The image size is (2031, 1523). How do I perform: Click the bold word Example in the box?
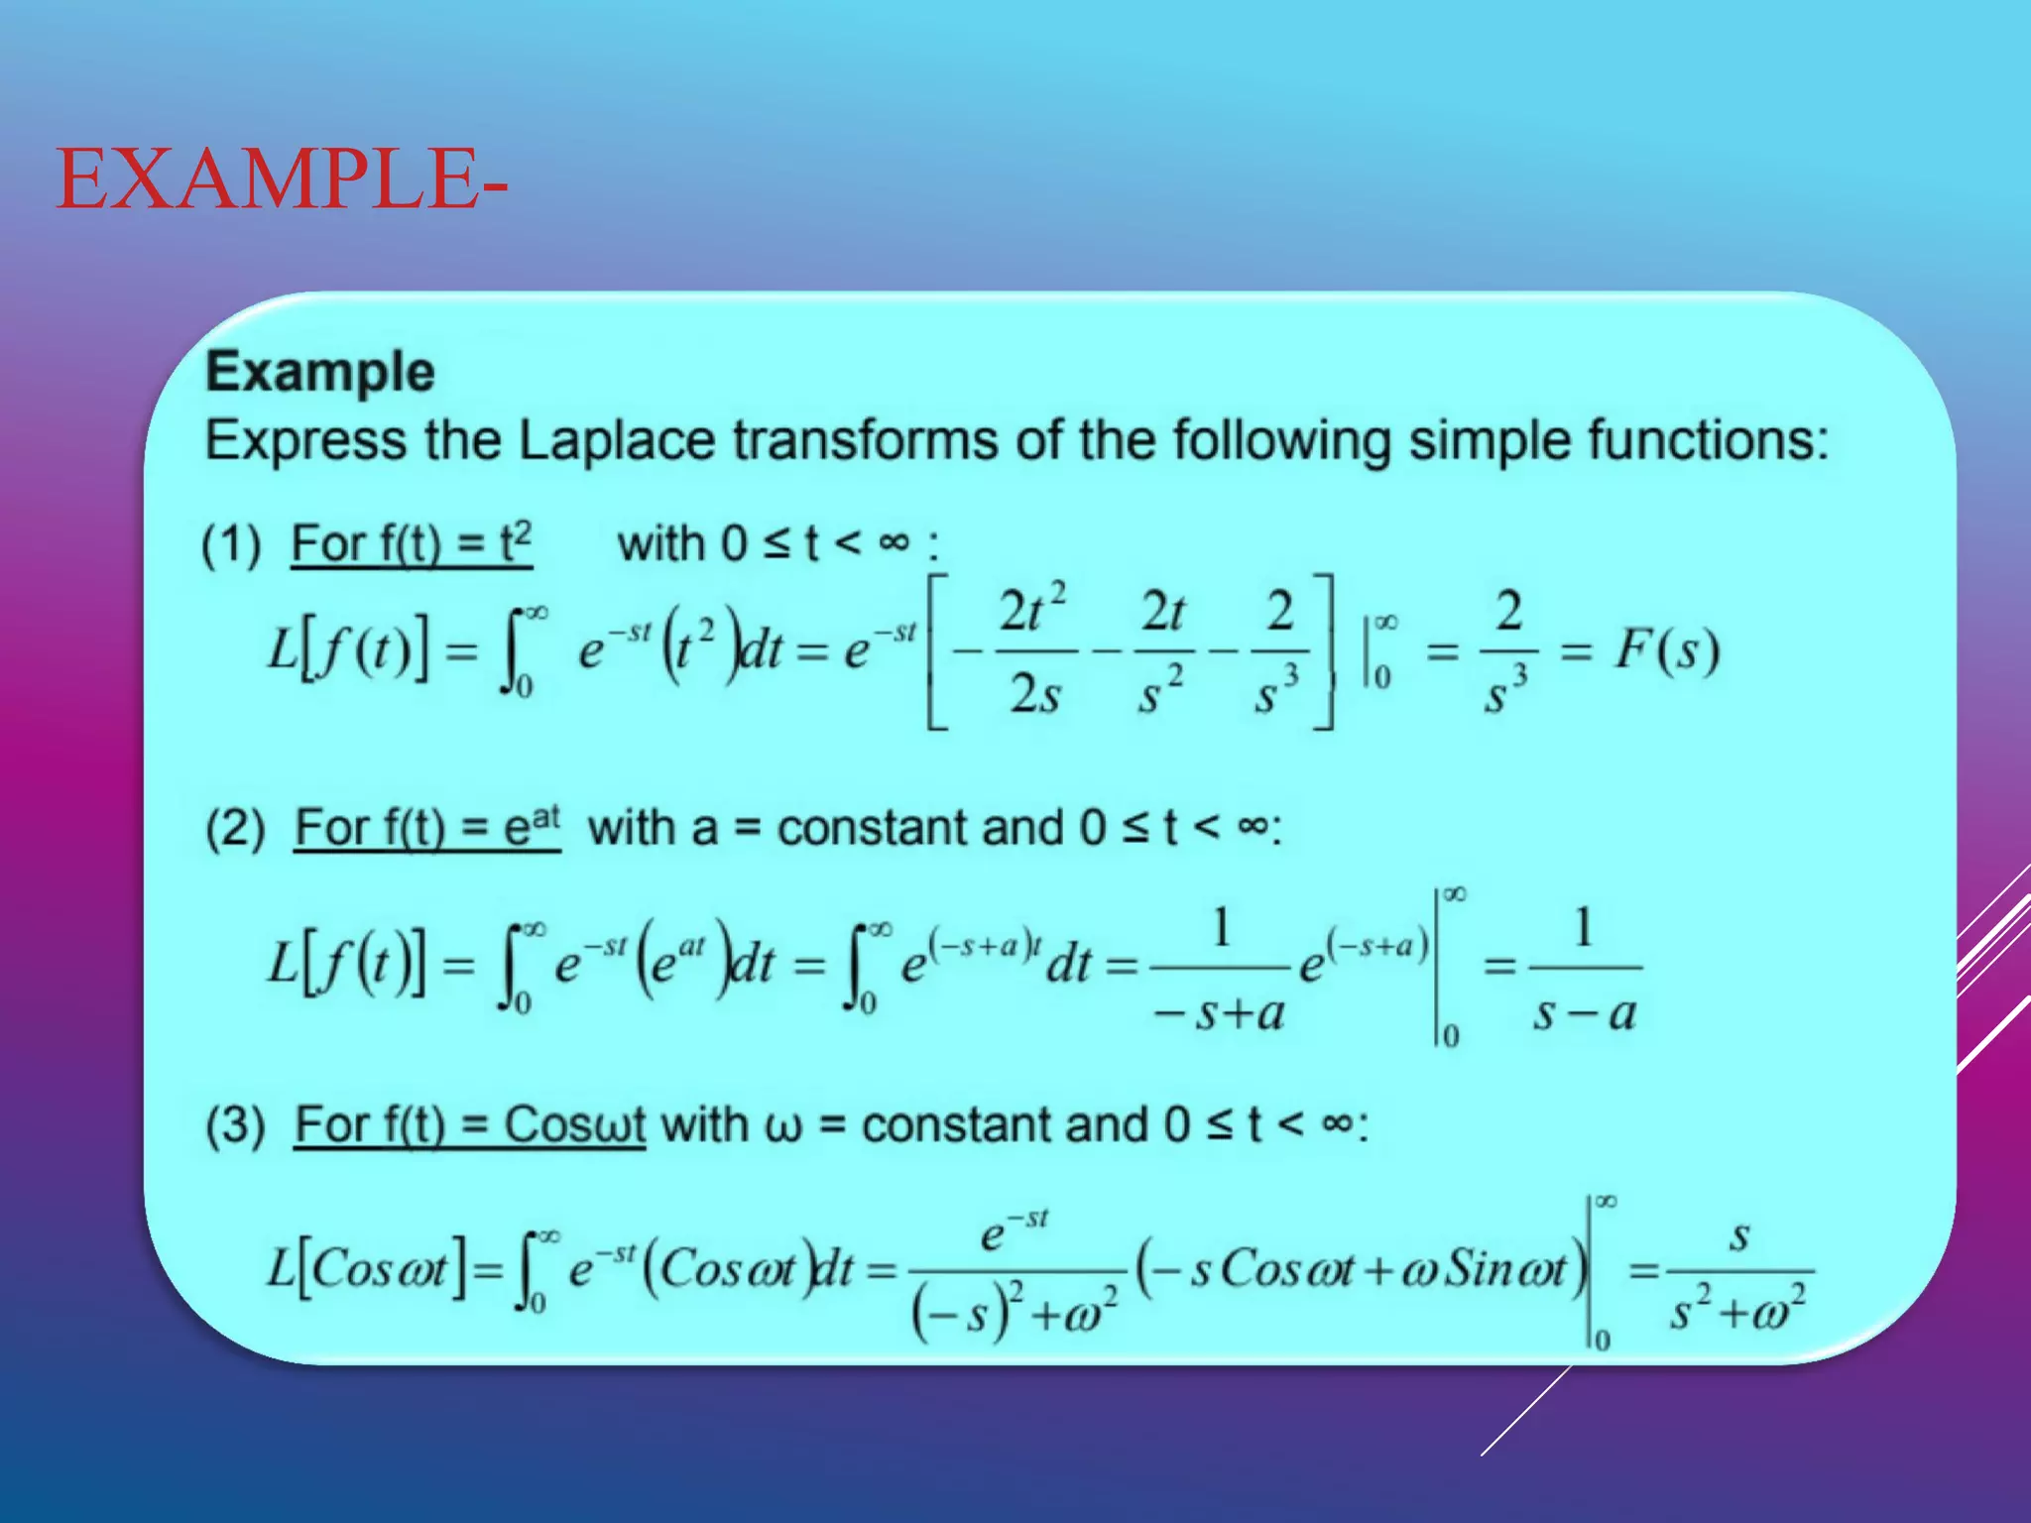click(319, 372)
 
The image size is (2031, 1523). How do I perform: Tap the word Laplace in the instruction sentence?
click(616, 440)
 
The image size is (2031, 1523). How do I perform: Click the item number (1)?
click(231, 544)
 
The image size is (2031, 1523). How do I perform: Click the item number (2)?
click(235, 829)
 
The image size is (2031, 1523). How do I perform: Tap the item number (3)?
click(235, 1125)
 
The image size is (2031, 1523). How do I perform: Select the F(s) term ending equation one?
click(1666, 650)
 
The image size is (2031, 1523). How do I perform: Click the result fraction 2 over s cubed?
click(1507, 650)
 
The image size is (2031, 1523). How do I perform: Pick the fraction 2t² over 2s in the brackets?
click(1033, 650)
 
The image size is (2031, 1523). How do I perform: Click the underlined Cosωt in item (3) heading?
click(574, 1125)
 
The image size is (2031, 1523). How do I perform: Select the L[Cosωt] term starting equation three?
click(366, 1268)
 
